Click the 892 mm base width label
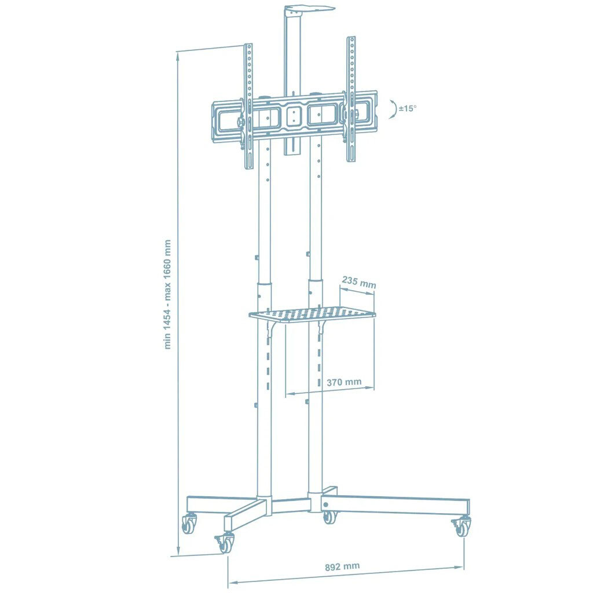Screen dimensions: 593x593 click(x=342, y=566)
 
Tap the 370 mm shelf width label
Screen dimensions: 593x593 click(x=344, y=382)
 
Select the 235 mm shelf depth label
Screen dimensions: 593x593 click(x=359, y=282)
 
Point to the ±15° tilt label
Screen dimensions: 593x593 click(x=407, y=108)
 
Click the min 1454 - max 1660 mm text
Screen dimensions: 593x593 click(x=167, y=294)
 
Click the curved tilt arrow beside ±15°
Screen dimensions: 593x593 click(x=393, y=109)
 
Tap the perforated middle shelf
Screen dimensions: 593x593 click(x=312, y=314)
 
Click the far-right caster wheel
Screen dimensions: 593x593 click(x=462, y=527)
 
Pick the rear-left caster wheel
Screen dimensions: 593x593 click(x=189, y=523)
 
